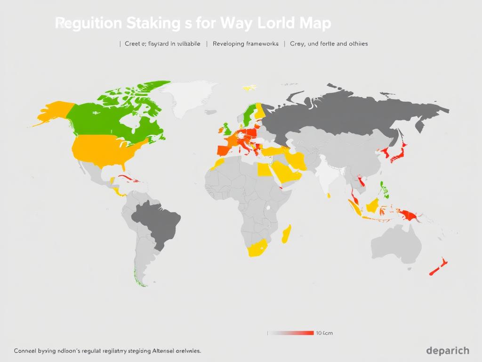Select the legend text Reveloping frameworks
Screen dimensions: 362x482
(x=245, y=43)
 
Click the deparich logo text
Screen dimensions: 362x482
(x=447, y=350)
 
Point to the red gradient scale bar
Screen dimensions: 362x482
(x=290, y=333)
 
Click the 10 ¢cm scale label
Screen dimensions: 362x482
(x=324, y=333)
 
